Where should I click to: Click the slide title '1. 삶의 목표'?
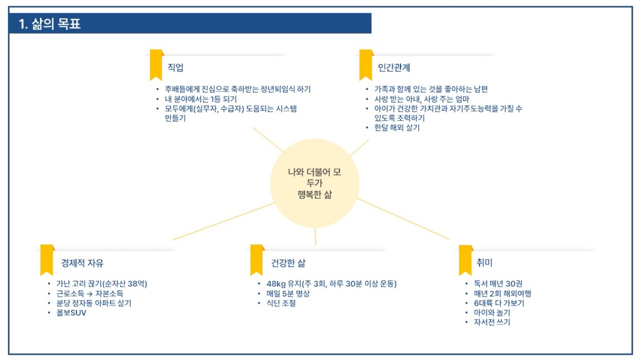49,24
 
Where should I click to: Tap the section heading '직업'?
175,67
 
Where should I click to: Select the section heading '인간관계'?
394,67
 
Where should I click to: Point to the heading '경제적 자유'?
82,263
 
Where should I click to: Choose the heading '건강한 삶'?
288,263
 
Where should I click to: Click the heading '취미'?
484,263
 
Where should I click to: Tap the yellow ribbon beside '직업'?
156,65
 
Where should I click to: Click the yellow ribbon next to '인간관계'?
366,65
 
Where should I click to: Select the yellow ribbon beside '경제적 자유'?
47,260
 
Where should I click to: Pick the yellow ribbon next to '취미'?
465,261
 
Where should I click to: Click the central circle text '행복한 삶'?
315,195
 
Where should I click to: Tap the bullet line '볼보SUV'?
71,313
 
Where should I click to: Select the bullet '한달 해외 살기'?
397,127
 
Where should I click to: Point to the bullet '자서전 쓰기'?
492,322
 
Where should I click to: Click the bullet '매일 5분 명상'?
288,294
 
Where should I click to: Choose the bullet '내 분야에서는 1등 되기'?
201,99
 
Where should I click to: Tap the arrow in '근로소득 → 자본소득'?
89,294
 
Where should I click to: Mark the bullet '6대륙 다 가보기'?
499,303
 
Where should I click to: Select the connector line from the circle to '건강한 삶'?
315,236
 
